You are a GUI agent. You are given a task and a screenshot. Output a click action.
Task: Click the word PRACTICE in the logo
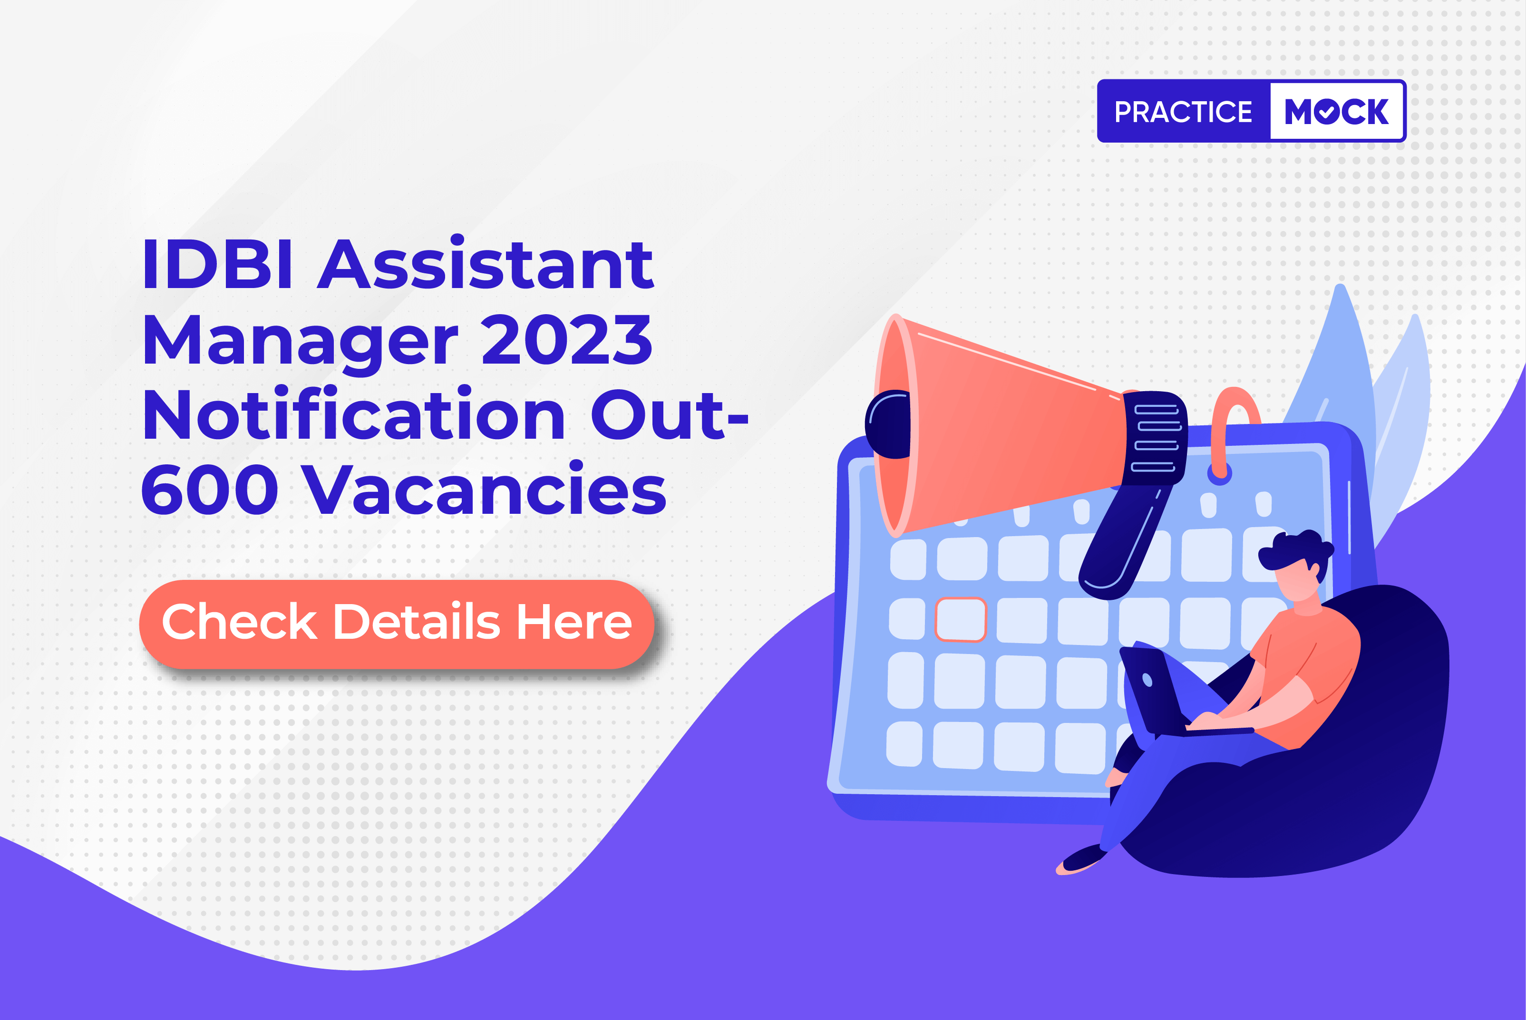[x=1183, y=112]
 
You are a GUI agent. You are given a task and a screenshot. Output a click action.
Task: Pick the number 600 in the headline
[x=210, y=490]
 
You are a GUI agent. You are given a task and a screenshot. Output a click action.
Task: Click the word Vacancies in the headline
[x=484, y=490]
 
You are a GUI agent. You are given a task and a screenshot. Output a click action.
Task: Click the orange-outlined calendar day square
[x=961, y=620]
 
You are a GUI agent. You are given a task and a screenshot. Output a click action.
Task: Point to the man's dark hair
[x=1295, y=549]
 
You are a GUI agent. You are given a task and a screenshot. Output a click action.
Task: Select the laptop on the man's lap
[x=1155, y=693]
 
